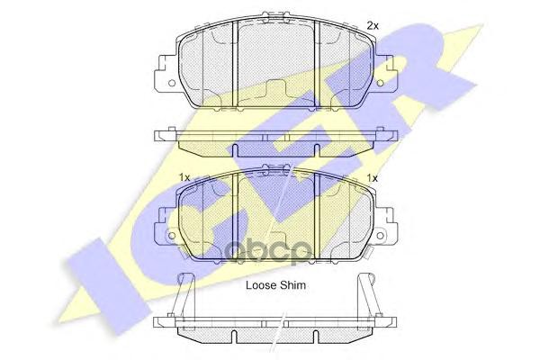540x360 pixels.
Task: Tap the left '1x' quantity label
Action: (x=184, y=178)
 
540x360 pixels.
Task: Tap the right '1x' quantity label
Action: (x=371, y=178)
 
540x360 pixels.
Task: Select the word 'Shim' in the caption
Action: (x=296, y=285)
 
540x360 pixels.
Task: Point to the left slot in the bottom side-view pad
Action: (x=237, y=337)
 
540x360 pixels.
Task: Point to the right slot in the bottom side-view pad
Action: (x=321, y=337)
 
